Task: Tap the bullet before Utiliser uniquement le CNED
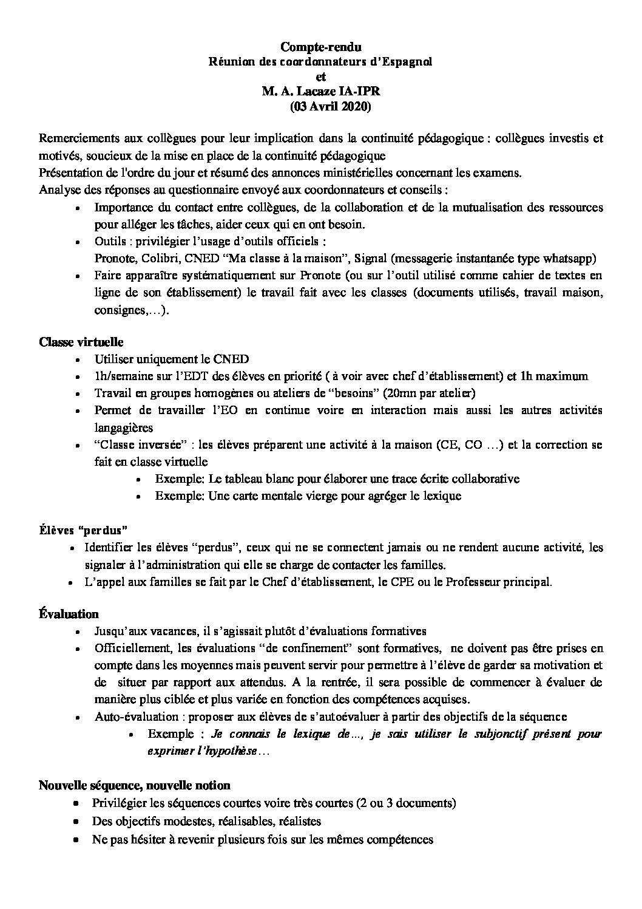(x=80, y=359)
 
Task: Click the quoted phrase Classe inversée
(x=132, y=444)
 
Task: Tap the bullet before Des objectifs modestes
(x=76, y=822)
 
